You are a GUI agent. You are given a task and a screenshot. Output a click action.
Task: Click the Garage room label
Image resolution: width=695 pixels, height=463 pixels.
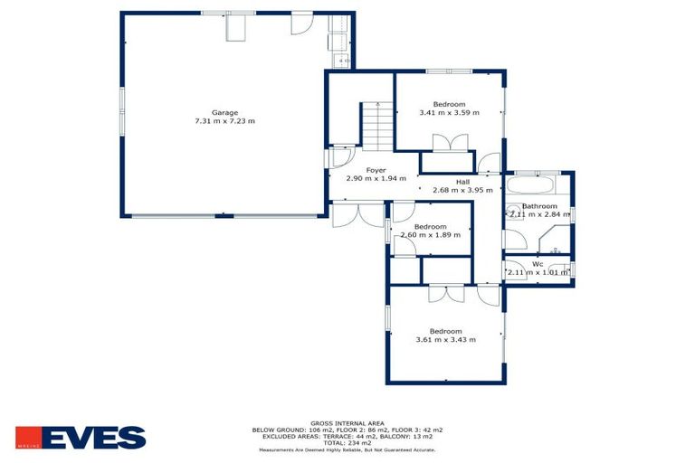tap(225, 112)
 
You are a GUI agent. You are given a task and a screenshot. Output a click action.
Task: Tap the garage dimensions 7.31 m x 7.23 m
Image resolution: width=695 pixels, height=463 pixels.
tap(225, 121)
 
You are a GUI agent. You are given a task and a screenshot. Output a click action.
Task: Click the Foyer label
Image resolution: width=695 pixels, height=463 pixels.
tap(376, 170)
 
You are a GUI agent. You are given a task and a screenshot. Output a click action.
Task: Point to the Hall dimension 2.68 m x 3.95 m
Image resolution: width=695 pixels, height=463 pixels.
tap(462, 190)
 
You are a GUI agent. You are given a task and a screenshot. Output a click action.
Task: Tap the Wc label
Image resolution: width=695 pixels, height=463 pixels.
tap(538, 264)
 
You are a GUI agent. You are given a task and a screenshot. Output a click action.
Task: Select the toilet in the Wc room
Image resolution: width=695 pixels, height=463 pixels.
tap(562, 269)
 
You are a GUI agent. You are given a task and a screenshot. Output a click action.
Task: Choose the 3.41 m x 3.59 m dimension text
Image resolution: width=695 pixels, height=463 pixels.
tap(449, 113)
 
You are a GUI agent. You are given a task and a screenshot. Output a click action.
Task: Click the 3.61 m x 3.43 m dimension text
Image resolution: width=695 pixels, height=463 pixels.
tap(445, 339)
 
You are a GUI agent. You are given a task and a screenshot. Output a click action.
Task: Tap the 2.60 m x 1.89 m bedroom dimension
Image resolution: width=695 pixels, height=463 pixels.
tap(430, 234)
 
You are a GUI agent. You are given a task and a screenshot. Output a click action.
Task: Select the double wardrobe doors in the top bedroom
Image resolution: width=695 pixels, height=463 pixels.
tap(449, 145)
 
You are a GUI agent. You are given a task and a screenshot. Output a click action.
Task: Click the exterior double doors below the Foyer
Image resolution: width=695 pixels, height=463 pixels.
tap(357, 214)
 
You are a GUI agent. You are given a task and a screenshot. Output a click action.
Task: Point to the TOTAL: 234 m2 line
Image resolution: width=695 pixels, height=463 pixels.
tap(347, 442)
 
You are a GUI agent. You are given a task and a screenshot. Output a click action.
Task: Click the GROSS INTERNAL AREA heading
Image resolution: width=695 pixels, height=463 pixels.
tap(347, 422)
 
